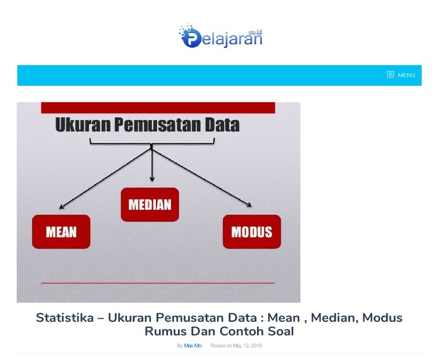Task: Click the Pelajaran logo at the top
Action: [x=221, y=36]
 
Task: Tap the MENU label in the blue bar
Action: [x=406, y=75]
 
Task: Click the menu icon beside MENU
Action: [x=390, y=74]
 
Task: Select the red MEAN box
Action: [x=61, y=232]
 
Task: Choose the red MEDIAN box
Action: [x=150, y=205]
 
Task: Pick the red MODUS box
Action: [x=252, y=232]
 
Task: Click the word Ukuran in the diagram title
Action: [x=83, y=125]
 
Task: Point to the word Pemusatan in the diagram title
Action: [x=158, y=125]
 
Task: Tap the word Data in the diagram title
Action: [x=222, y=125]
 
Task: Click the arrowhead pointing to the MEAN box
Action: [x=61, y=207]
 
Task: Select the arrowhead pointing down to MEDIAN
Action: [x=152, y=179]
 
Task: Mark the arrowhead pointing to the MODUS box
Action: [x=249, y=205]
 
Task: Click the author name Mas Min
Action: [x=193, y=346]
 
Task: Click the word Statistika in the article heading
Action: [x=65, y=318]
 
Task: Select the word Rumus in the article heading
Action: [x=166, y=331]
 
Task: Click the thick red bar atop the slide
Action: [x=158, y=108]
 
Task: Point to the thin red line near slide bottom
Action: [x=158, y=283]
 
